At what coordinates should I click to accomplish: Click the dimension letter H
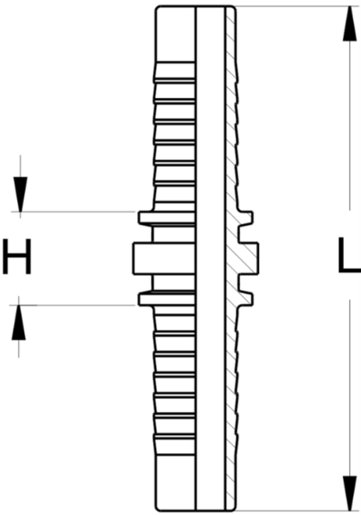(17, 257)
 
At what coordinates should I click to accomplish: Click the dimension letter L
(349, 255)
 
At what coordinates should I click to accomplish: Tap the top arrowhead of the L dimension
(350, 24)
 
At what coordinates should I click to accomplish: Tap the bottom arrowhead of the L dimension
(350, 493)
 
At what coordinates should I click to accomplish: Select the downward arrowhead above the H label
(21, 195)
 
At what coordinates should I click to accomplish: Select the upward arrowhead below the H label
(19, 323)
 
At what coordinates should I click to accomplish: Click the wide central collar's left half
(165, 258)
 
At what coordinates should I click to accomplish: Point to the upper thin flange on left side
(167, 218)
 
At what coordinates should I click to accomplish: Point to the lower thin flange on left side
(167, 299)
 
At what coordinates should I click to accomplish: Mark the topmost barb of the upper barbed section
(175, 71)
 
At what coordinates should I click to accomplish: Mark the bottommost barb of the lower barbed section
(175, 445)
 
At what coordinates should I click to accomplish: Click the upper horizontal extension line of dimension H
(73, 212)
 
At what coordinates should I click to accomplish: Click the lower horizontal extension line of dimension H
(72, 305)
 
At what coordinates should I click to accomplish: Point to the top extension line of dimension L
(298, 6)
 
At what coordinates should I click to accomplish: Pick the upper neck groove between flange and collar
(174, 234)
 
